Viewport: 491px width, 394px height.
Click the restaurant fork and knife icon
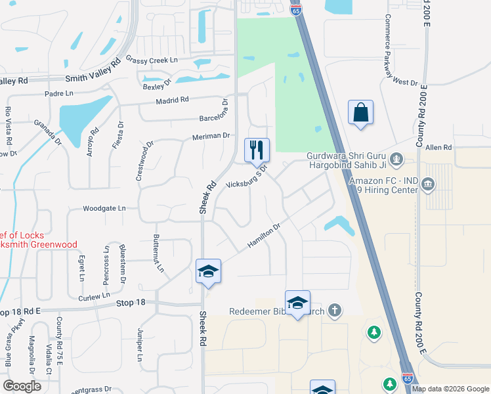click(x=257, y=150)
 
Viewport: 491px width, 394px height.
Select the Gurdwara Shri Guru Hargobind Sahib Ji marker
click(x=396, y=158)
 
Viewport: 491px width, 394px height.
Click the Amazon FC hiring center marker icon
click(x=429, y=182)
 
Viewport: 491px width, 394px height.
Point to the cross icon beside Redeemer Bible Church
click(x=335, y=310)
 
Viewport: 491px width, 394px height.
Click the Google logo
click(x=23, y=386)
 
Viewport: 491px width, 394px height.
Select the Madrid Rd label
click(x=172, y=100)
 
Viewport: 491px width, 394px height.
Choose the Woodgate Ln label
click(x=104, y=208)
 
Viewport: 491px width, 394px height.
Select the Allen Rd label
click(x=439, y=148)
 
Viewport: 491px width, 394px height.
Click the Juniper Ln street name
click(x=140, y=345)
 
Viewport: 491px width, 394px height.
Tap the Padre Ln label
click(x=59, y=93)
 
